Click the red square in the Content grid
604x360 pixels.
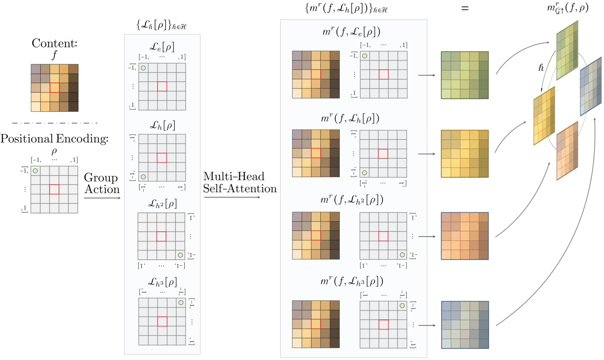point(54,88)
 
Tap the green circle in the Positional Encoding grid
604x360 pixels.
point(35,171)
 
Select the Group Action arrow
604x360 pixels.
point(102,198)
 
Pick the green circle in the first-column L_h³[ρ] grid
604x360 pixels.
point(181,303)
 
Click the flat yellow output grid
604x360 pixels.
point(464,153)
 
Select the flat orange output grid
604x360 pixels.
point(464,236)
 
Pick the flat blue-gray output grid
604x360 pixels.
point(464,325)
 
